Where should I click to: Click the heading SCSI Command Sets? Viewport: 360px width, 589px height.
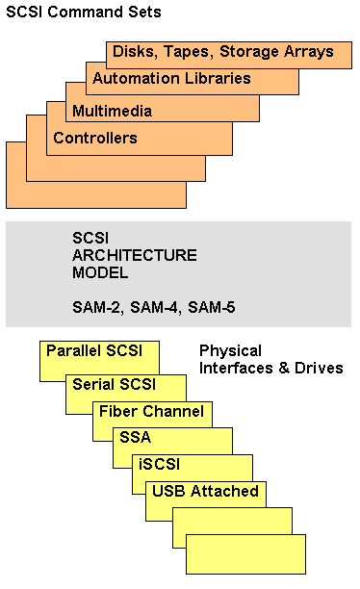point(83,13)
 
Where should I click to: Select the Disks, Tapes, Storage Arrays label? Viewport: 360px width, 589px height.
point(223,51)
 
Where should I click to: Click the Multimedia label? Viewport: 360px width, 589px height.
point(113,111)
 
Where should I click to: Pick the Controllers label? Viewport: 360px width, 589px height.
point(95,138)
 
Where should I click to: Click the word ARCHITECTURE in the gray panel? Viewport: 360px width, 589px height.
point(135,255)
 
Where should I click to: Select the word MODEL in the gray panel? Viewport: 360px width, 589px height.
point(99,272)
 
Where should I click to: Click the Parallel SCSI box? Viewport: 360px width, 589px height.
point(94,350)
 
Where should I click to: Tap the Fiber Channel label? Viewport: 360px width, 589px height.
point(152,412)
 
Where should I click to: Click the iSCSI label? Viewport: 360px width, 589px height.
point(158,464)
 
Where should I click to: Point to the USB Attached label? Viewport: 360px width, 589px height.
point(206,492)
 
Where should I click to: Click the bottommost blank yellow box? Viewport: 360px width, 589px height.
point(245,555)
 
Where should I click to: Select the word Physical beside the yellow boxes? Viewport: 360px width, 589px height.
point(229,351)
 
